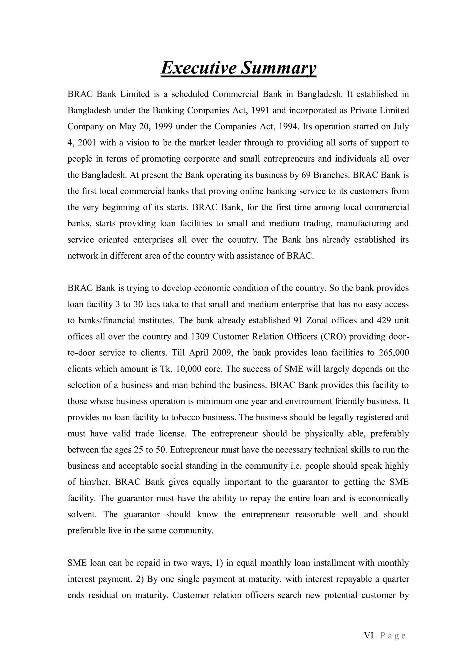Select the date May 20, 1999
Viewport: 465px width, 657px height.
click(146, 126)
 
